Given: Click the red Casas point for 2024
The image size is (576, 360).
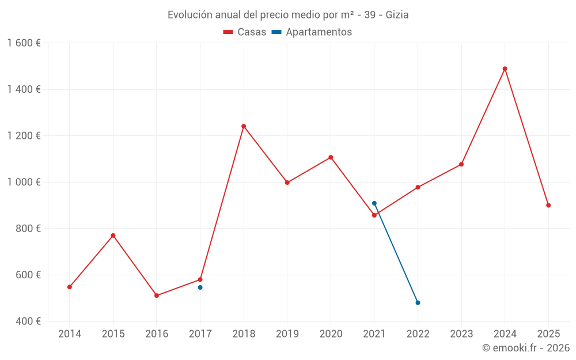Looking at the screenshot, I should point(505,69).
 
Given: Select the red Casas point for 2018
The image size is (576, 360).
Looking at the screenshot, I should point(244,126).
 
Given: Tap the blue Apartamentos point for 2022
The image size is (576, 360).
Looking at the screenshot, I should point(418,302).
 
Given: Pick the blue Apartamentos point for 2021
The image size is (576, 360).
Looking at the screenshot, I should point(374,203).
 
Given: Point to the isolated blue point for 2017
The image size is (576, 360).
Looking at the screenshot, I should point(200,287).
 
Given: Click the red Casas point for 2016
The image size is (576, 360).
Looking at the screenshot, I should point(157,295).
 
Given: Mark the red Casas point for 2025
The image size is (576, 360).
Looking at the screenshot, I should point(548,205).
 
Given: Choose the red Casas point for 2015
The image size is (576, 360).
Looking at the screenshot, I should point(113,236).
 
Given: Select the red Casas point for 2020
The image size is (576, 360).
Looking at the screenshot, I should point(331,157).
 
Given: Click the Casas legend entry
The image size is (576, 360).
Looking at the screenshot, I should point(245,32).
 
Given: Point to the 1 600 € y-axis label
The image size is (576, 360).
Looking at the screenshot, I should point(24,43).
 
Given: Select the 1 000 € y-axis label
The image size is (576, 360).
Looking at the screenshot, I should point(24,182).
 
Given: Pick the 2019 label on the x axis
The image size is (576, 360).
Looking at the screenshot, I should point(287,334).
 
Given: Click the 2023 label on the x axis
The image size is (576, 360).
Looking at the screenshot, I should point(461,334).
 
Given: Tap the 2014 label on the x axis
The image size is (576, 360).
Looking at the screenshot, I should point(70,334).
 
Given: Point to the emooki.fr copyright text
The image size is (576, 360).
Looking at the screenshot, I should point(525,348).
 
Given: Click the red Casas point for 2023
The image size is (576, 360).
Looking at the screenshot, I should point(461,164).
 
